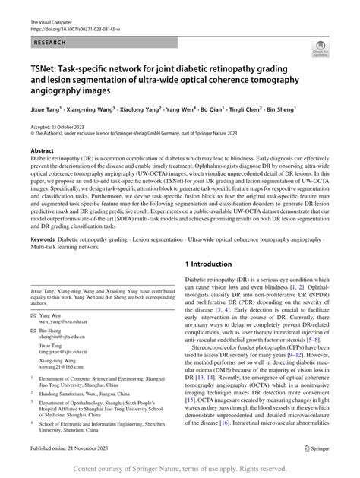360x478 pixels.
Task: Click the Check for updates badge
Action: tap(320, 51)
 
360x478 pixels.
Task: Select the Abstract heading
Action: tap(43, 151)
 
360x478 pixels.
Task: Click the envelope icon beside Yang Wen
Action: tap(35, 315)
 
